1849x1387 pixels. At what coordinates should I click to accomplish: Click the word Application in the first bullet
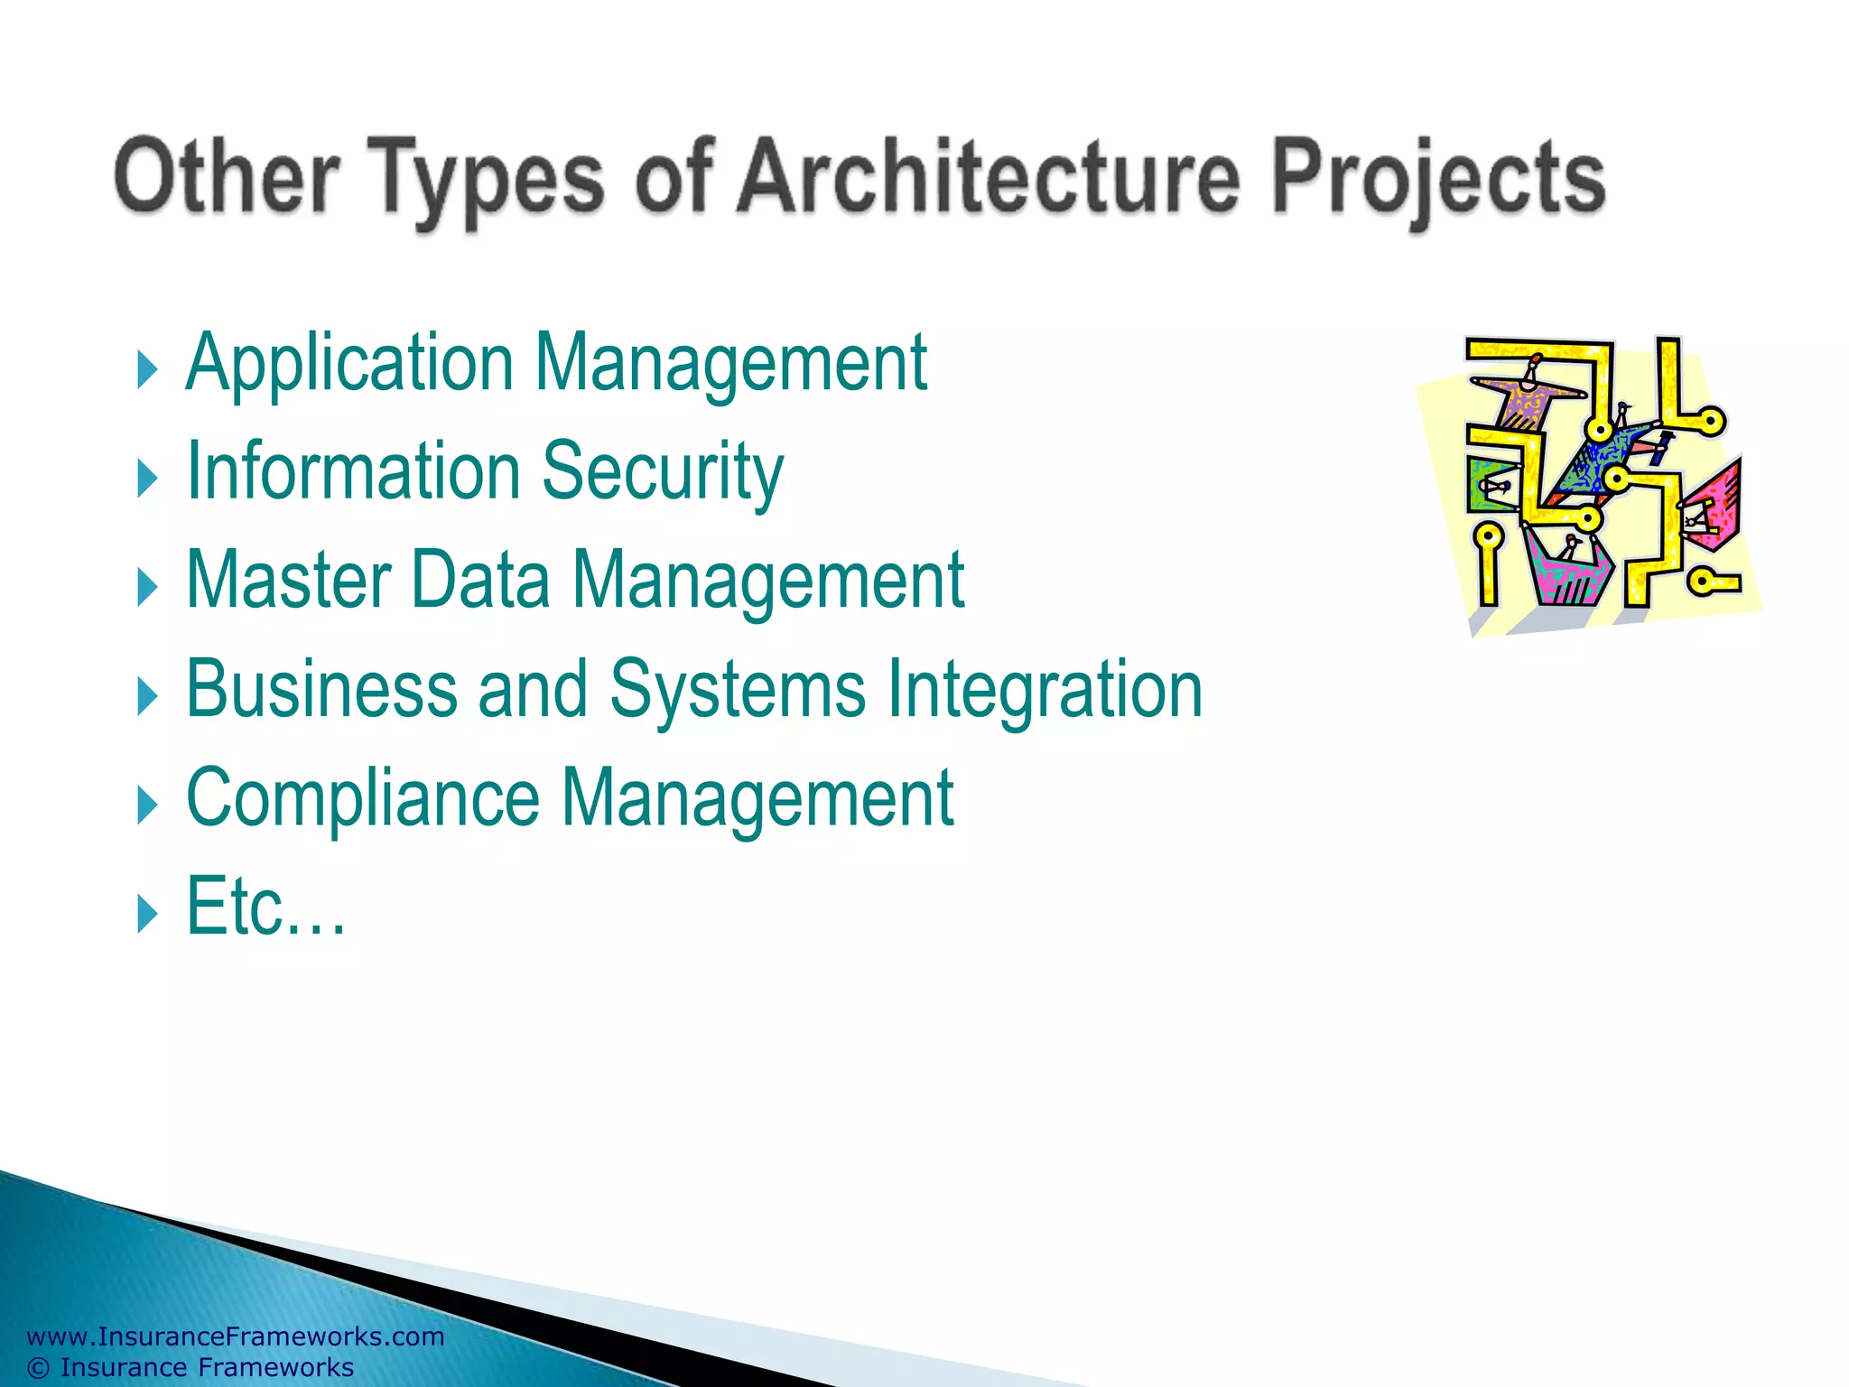pos(349,365)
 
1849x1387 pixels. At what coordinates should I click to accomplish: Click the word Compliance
pos(362,799)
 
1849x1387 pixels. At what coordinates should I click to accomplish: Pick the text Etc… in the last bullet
pos(265,907)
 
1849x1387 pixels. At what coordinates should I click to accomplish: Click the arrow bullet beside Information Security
pos(146,479)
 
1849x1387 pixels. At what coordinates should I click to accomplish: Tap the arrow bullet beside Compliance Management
pos(146,805)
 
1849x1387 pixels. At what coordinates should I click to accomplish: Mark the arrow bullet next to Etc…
pos(146,914)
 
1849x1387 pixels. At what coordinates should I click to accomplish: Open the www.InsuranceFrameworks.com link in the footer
pos(236,1336)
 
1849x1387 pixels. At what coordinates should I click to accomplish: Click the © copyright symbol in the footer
pos(38,1368)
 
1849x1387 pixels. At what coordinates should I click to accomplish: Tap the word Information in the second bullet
pos(353,471)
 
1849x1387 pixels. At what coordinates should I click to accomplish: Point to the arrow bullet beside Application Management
pos(146,370)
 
